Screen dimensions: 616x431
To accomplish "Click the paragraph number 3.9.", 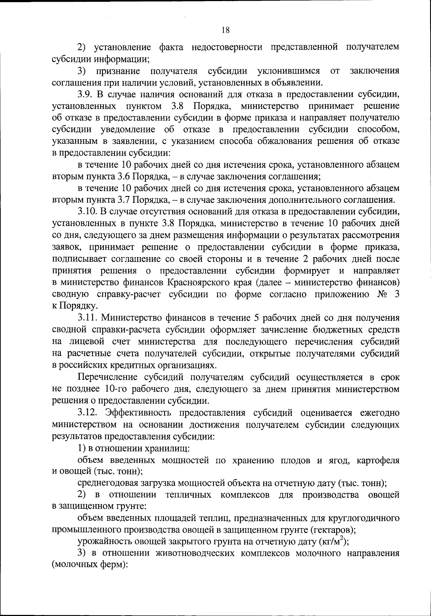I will (x=86, y=95).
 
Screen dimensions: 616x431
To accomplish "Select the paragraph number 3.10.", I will (x=88, y=211).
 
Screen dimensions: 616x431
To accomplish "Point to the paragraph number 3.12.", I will (x=88, y=413).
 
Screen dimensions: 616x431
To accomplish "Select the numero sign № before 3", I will (x=381, y=294).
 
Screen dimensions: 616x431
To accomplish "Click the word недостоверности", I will (x=228, y=47).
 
